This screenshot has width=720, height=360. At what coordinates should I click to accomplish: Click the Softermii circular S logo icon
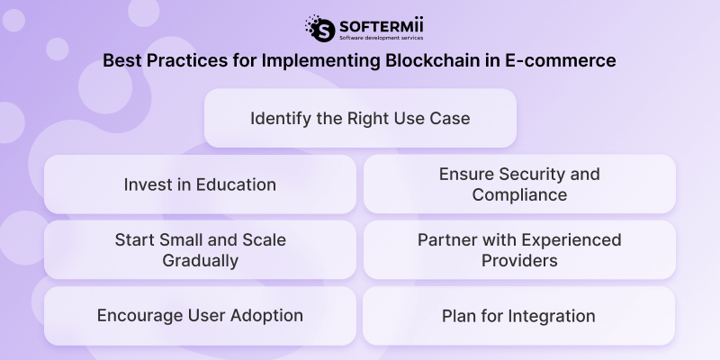point(319,28)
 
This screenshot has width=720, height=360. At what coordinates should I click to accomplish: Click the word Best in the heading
point(121,61)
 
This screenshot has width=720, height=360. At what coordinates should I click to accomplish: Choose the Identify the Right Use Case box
point(360,118)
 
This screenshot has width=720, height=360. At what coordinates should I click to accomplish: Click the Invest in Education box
point(200,184)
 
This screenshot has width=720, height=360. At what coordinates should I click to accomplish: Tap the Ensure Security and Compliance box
point(519,184)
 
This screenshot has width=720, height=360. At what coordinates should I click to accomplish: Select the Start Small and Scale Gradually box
point(200,250)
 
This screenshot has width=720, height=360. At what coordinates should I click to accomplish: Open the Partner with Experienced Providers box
point(519,250)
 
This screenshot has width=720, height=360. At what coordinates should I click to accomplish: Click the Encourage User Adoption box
point(200,316)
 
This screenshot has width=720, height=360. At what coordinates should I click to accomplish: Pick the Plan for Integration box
point(519,316)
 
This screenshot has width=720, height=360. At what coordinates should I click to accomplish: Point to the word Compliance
point(519,194)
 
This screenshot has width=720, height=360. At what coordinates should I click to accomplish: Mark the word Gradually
point(200,261)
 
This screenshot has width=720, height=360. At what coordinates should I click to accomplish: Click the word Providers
point(519,261)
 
